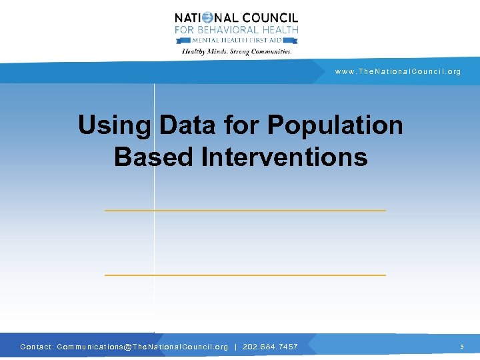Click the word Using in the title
click(x=114, y=125)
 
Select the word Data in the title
click(x=187, y=125)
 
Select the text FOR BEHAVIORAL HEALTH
click(x=236, y=30)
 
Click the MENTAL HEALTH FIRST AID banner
click(x=236, y=40)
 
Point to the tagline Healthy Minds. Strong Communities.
click(x=237, y=51)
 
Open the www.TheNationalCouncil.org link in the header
click(x=398, y=71)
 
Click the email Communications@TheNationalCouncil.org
click(x=143, y=347)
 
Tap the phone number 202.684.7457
click(x=270, y=347)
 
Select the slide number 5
click(x=461, y=347)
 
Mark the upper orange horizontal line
click(x=245, y=211)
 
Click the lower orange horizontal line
click(x=245, y=275)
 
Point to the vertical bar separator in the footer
click(x=235, y=347)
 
